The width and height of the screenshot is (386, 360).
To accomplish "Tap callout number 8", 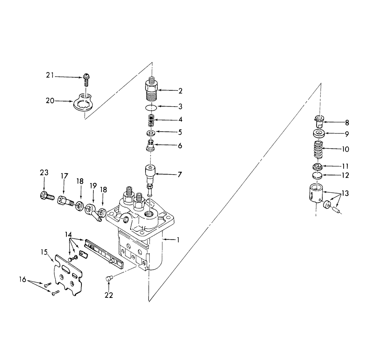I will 347,123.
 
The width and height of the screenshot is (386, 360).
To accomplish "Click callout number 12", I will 345,175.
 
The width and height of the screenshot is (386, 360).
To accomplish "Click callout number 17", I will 64,176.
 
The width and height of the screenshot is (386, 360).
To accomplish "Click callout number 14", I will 68,234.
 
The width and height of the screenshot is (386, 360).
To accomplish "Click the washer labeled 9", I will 318,134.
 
